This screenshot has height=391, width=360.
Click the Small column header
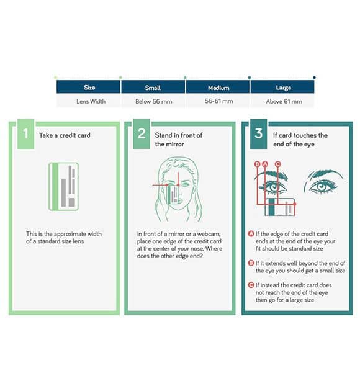coord(153,88)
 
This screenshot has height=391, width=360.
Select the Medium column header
coord(218,88)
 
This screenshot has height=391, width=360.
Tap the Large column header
coord(282,88)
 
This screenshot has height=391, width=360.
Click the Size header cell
coord(89,88)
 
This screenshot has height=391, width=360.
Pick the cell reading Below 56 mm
coord(153,101)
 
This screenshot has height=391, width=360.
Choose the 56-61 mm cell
coord(218,101)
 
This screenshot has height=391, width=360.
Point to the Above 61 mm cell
coord(284,101)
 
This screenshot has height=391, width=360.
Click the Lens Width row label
coord(91,101)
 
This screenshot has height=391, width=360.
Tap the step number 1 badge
coord(25,134)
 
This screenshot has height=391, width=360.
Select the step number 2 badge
coord(142,134)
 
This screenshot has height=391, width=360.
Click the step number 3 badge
coord(259,134)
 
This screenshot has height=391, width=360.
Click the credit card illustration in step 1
coord(63,187)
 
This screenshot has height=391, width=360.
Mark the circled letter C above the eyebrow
coord(277,164)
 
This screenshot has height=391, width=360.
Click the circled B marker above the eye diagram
coord(257,164)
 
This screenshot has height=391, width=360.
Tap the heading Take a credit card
coord(65,135)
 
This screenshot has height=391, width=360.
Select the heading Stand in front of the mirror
coord(179,140)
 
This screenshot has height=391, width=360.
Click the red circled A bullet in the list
coord(251,233)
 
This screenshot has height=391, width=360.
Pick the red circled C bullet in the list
coord(251,285)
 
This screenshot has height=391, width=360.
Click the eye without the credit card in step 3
coord(323,181)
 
